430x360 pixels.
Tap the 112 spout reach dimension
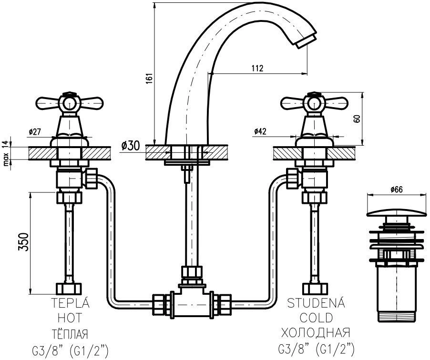pos(257,68)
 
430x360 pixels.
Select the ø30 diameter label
pos(130,146)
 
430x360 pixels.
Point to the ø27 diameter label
pos(34,132)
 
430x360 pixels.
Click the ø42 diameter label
pos(260,131)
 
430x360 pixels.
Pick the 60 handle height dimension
pos(357,119)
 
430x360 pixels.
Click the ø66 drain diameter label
pos(397,190)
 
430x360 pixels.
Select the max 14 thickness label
pos(6,154)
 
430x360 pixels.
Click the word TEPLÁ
pos(71,303)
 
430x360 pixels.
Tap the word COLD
pos(316,318)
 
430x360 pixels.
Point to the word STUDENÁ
pos(316,302)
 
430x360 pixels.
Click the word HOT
pos(70,318)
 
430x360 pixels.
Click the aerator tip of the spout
pos(307,40)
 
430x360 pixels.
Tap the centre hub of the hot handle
pos(70,104)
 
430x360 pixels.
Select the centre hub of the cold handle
pos(314,104)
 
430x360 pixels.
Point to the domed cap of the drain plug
pos(397,212)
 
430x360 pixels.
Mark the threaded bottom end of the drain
pos(397,316)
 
